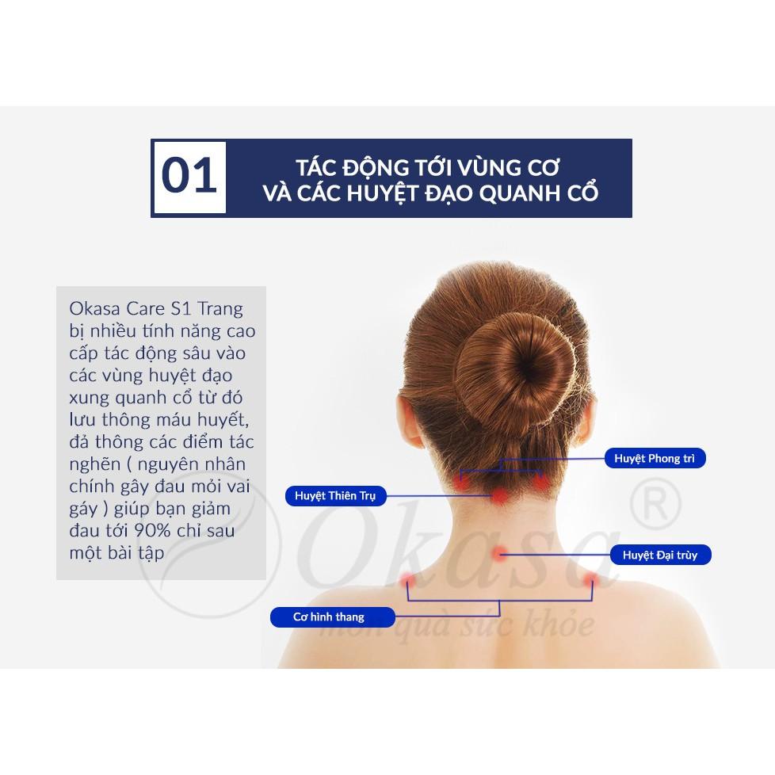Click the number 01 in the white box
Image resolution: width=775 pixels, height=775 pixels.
click(x=189, y=177)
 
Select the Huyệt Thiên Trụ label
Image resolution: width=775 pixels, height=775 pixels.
click(x=334, y=496)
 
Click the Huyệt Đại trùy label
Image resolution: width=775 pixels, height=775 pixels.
click(x=660, y=555)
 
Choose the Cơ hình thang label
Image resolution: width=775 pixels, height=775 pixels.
click(x=328, y=617)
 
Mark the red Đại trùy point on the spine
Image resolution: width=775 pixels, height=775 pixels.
click(x=499, y=554)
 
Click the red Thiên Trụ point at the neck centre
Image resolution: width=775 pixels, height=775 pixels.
click(x=501, y=496)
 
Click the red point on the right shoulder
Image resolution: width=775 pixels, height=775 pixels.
click(x=590, y=580)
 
